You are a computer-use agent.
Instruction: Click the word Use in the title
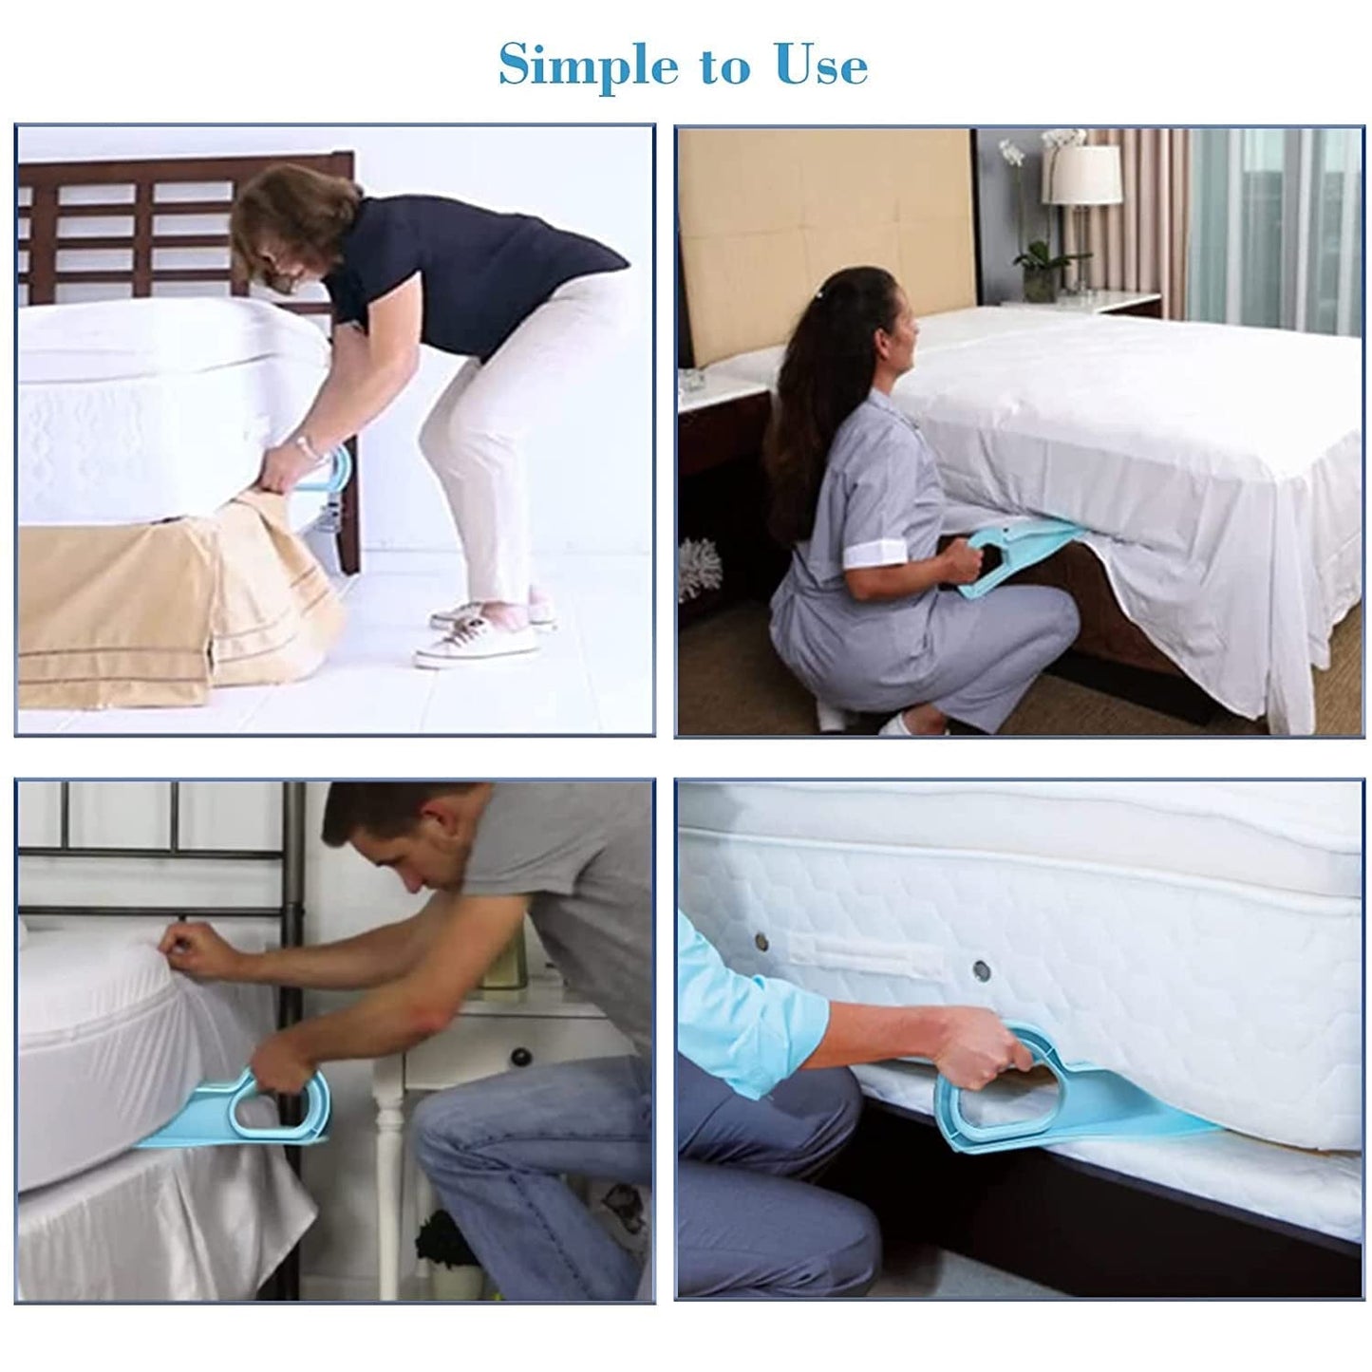821,66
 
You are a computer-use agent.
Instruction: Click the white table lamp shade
1081,173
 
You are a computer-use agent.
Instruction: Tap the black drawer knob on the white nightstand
519,1057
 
